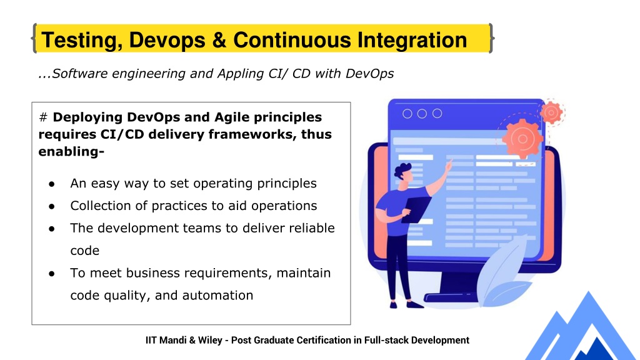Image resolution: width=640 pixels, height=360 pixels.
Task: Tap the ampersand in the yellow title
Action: (219, 40)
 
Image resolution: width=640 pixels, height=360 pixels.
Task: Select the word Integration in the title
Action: (412, 40)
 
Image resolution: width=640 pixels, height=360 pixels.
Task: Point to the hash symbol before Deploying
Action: (43, 117)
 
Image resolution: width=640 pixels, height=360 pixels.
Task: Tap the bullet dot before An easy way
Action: (51, 184)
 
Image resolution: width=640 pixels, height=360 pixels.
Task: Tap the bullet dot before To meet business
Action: (51, 274)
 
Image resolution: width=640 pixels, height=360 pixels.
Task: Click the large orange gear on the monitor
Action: (522, 139)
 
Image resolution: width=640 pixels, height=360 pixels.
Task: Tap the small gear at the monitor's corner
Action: (551, 112)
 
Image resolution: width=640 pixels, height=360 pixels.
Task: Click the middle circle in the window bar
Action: (422, 114)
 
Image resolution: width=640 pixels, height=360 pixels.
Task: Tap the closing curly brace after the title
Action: (491, 38)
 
